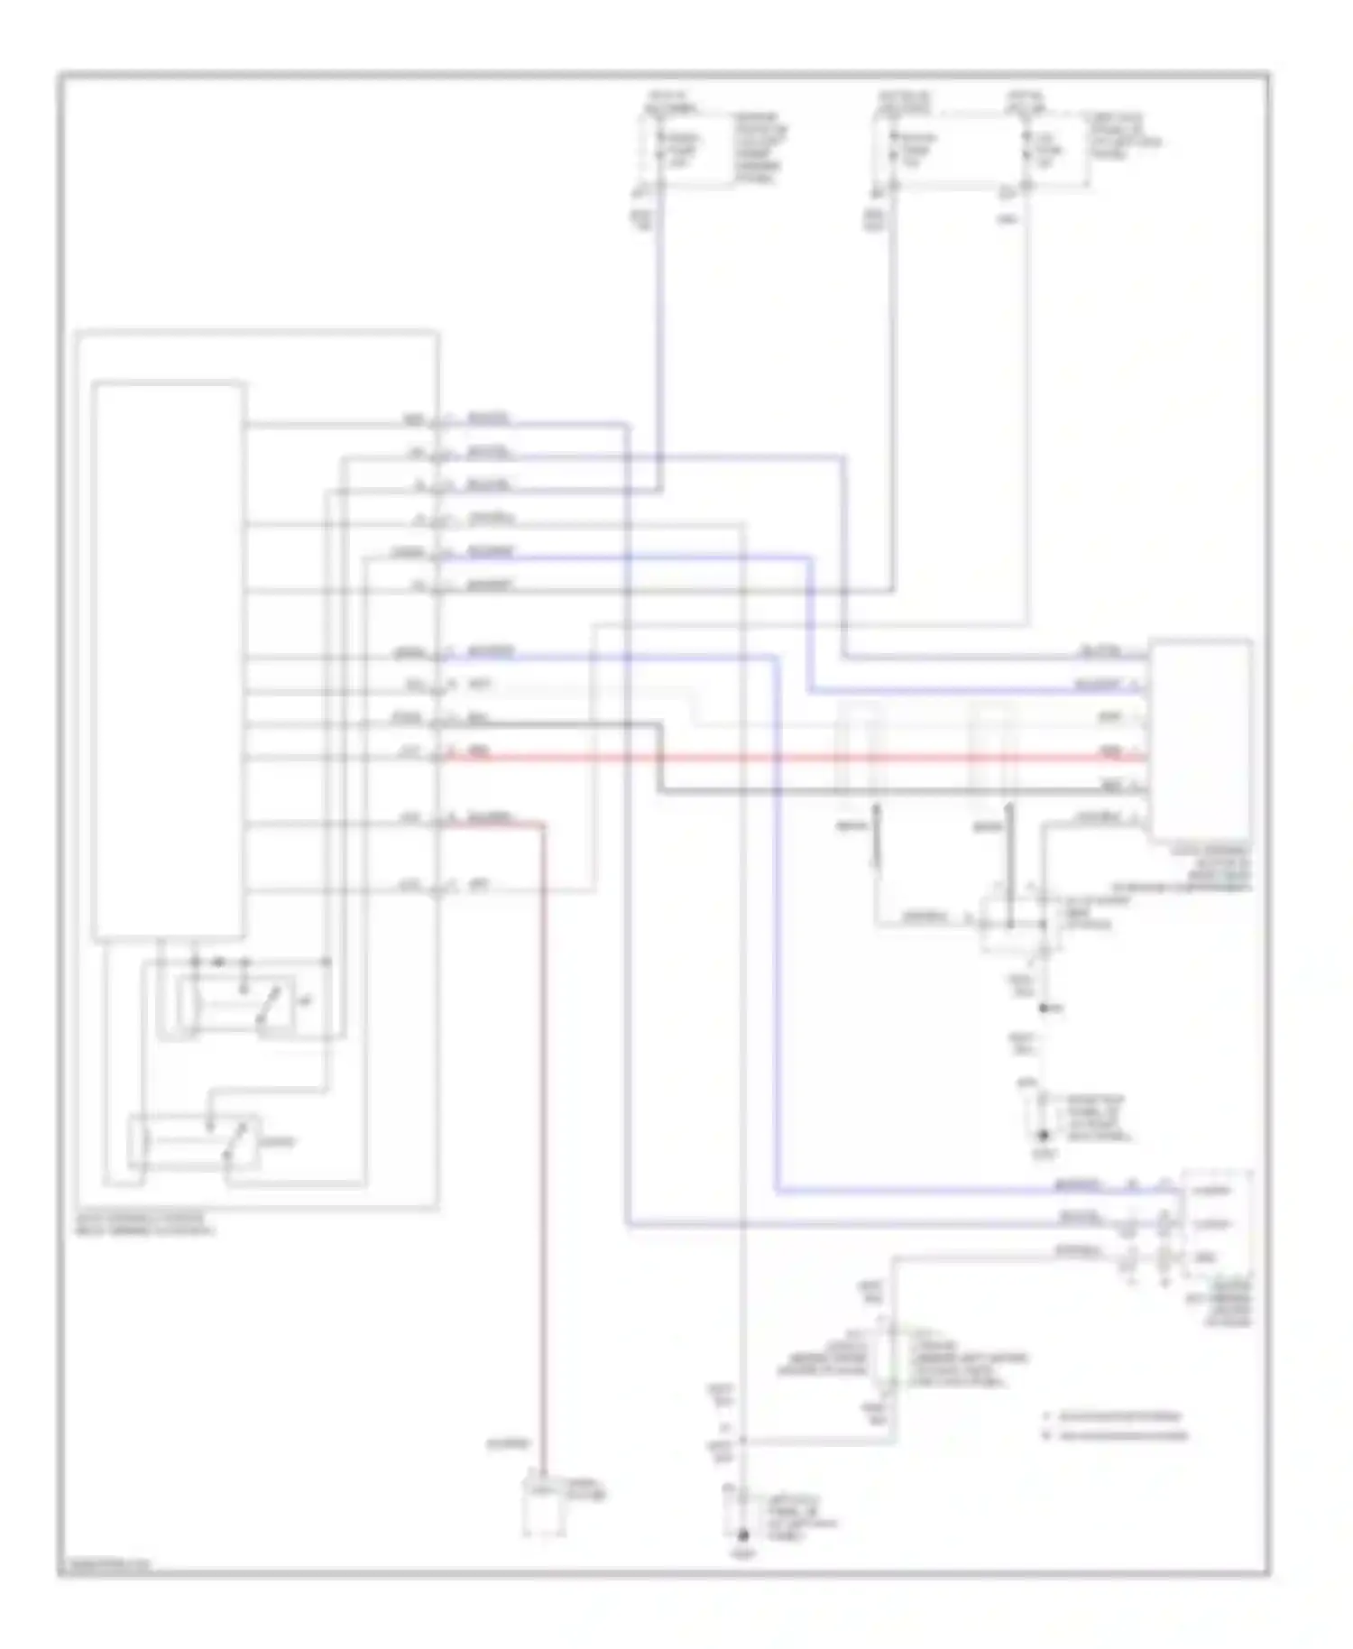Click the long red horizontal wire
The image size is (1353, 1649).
tap(794, 757)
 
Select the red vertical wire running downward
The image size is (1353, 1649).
tap(544, 1128)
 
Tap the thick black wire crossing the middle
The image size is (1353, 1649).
tap(902, 791)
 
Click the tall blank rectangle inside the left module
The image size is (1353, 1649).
tap(169, 659)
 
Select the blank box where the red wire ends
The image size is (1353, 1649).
tap(1199, 740)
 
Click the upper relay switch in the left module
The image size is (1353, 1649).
tap(237, 1004)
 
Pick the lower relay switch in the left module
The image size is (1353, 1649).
tap(193, 1142)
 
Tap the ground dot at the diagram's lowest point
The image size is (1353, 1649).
tap(742, 1534)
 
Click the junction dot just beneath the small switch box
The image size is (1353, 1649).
tap(1044, 1008)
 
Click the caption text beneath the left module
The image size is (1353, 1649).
tap(144, 1224)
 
